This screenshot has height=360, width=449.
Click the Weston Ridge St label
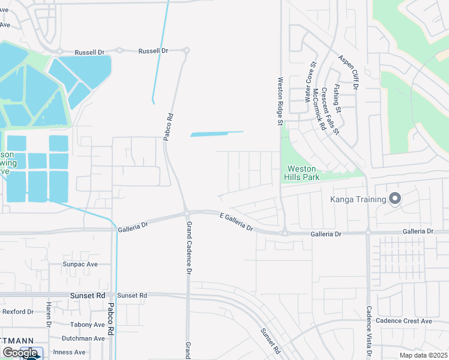(280, 100)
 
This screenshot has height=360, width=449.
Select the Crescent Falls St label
(330, 111)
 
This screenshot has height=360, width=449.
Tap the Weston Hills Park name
(301, 173)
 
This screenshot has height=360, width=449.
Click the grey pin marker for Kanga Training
(395, 199)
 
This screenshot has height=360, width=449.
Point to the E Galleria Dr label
(237, 222)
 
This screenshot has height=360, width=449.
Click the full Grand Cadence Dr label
(188, 248)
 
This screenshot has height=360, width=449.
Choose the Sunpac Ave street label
(80, 264)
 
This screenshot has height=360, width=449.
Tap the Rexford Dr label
(18, 312)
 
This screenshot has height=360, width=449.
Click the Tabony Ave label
(87, 325)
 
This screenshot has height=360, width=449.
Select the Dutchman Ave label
(82, 338)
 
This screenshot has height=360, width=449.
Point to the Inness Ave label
(70, 352)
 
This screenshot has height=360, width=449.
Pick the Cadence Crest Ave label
(403, 321)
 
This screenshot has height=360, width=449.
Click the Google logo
(20, 353)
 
